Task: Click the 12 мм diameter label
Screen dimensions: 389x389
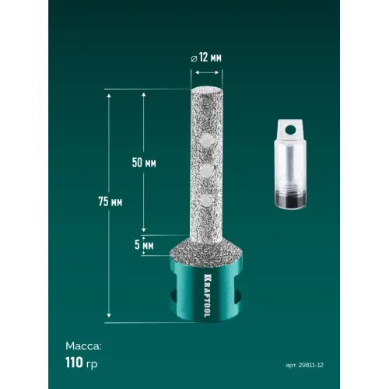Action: click(210, 58)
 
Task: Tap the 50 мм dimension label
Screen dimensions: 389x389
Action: click(144, 163)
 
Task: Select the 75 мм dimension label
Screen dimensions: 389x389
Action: click(110, 202)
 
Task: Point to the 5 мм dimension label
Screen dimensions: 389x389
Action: click(144, 245)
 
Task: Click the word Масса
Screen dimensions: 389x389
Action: click(83, 346)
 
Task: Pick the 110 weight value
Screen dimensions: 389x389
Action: click(74, 363)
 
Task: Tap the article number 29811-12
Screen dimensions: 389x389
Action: click(311, 365)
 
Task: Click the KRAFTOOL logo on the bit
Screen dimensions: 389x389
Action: click(207, 295)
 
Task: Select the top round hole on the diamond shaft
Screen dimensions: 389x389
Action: click(207, 140)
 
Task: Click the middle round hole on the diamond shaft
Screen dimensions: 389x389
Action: click(206, 171)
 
